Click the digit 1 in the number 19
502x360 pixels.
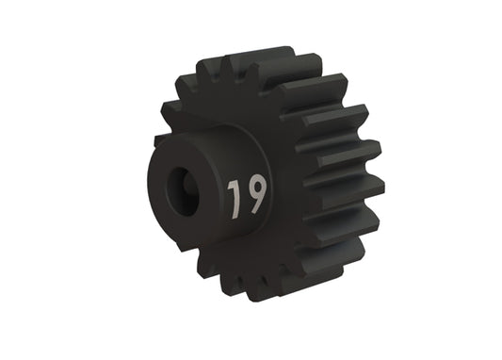[x=234, y=196]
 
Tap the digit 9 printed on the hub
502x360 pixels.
[x=255, y=193]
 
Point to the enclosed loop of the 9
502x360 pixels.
[x=255, y=187]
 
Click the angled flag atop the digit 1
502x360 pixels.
[x=231, y=185]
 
